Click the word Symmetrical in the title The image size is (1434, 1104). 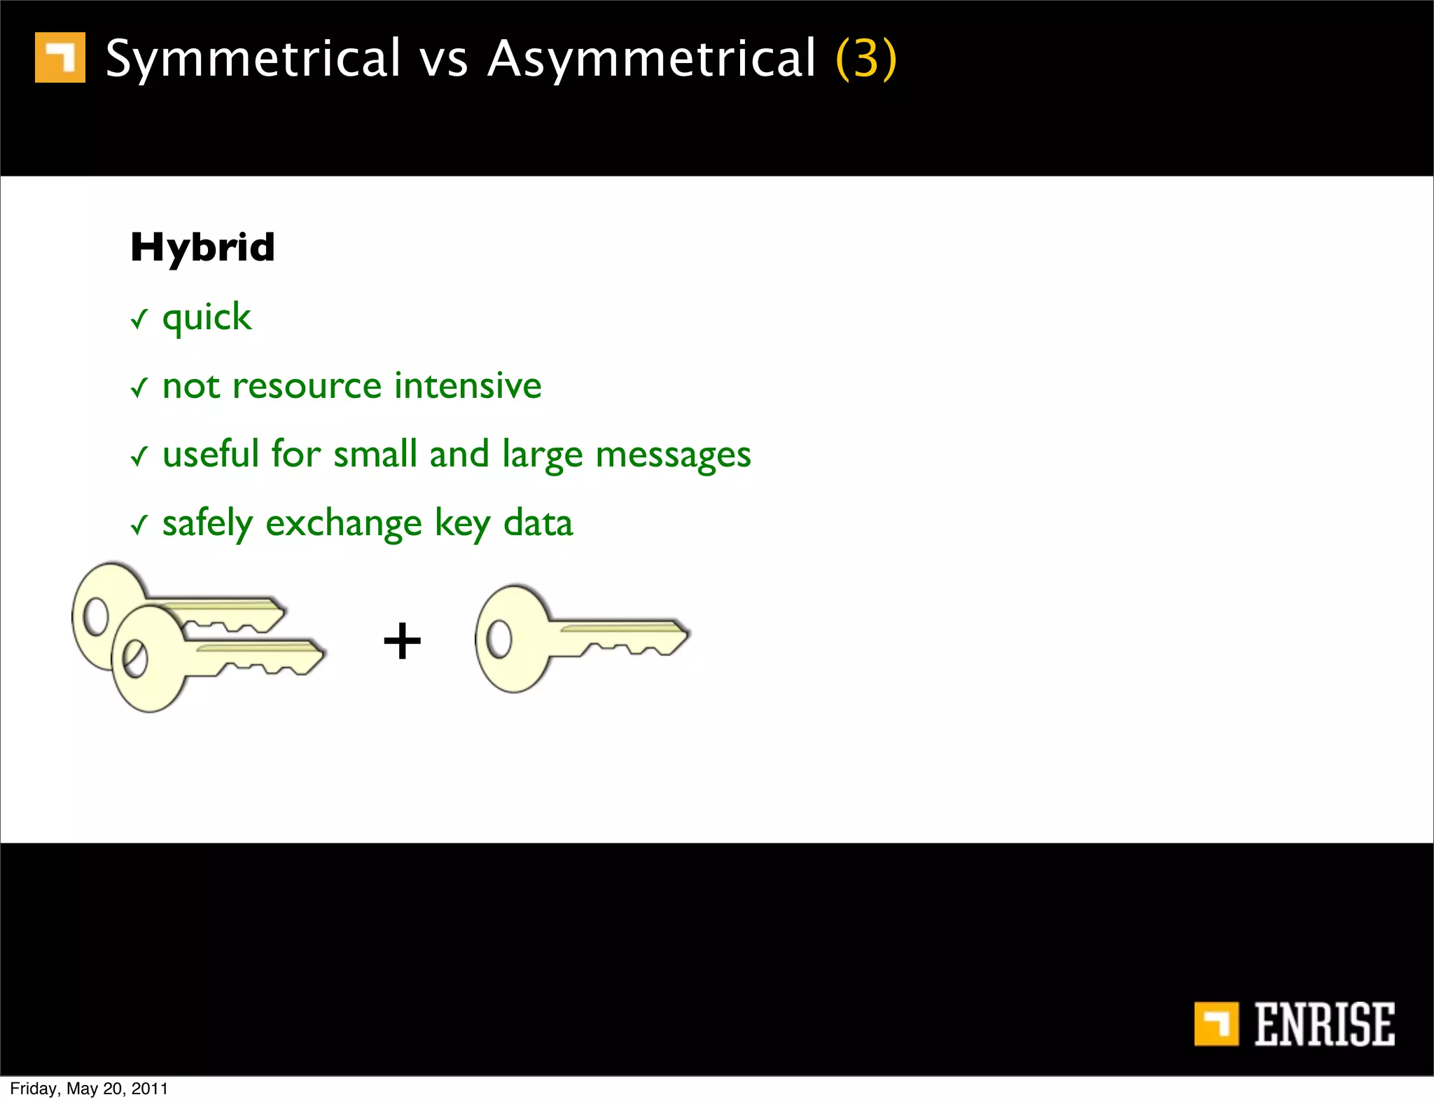253,59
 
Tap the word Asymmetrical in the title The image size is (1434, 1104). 652,59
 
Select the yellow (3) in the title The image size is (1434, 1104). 866,59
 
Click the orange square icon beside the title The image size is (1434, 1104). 60,57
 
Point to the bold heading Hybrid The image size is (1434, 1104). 202,247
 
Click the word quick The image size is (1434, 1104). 207,318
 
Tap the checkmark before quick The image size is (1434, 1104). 139,319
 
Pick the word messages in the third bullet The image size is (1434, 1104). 673,455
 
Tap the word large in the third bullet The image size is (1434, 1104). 542,455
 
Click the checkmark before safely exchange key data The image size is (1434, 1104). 139,525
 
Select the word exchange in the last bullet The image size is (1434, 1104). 344,524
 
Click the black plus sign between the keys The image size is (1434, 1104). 403,641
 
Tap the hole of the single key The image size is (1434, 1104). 499,640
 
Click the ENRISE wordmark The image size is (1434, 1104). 1323,1024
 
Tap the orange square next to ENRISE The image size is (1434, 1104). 1216,1024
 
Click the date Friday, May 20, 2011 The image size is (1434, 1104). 89,1089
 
